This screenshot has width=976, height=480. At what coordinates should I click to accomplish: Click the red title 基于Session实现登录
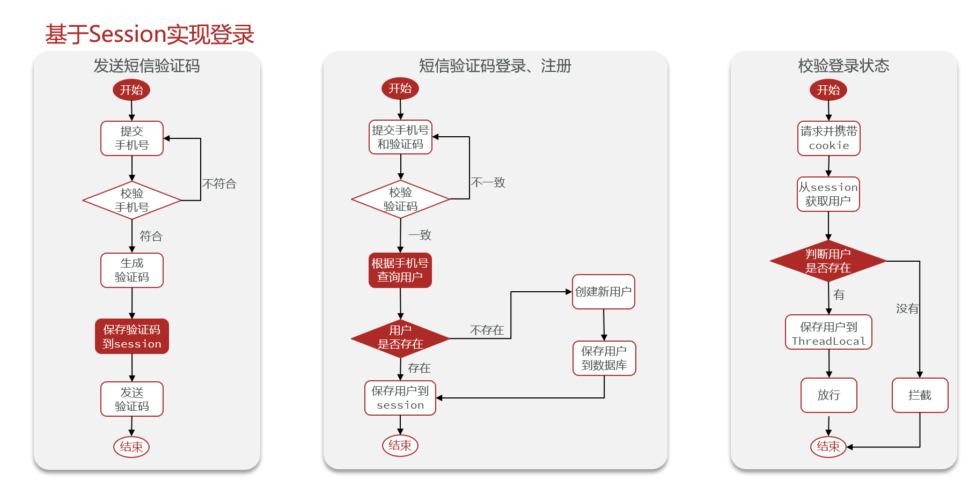[149, 34]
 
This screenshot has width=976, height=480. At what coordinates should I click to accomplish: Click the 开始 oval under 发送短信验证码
[131, 90]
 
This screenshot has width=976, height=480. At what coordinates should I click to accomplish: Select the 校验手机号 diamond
[132, 201]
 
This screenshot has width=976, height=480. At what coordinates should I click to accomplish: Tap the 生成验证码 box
[132, 270]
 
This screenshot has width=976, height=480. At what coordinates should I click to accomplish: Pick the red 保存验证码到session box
[132, 337]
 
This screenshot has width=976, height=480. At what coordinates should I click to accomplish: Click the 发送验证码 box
[132, 399]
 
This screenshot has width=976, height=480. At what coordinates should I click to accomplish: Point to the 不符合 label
[219, 184]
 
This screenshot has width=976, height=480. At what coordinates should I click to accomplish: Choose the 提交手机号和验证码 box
[400, 137]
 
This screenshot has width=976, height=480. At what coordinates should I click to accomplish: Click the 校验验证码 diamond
[400, 199]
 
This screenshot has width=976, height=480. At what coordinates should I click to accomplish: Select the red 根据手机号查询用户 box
[400, 270]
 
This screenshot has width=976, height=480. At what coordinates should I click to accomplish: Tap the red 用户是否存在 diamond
[400, 337]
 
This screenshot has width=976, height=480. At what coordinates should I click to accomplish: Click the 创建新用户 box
[603, 292]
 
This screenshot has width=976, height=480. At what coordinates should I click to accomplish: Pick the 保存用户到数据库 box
[604, 358]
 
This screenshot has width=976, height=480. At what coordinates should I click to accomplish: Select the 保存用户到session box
[400, 398]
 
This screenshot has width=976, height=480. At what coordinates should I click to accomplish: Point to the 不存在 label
[487, 330]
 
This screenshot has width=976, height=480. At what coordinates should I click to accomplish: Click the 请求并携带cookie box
[829, 138]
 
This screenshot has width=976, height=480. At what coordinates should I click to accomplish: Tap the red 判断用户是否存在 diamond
[828, 261]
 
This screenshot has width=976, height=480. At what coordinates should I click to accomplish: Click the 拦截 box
[920, 395]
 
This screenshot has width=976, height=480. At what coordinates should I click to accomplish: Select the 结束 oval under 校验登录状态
[828, 446]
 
